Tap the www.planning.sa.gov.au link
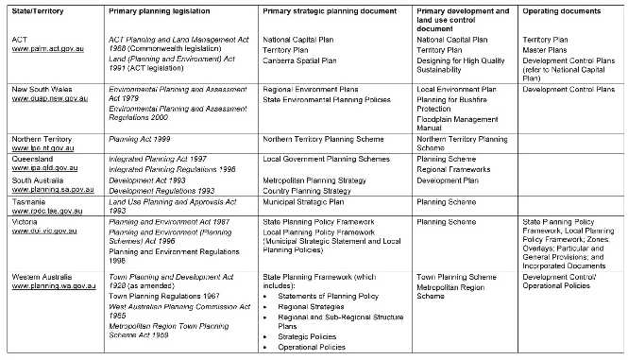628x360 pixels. (53, 188)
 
